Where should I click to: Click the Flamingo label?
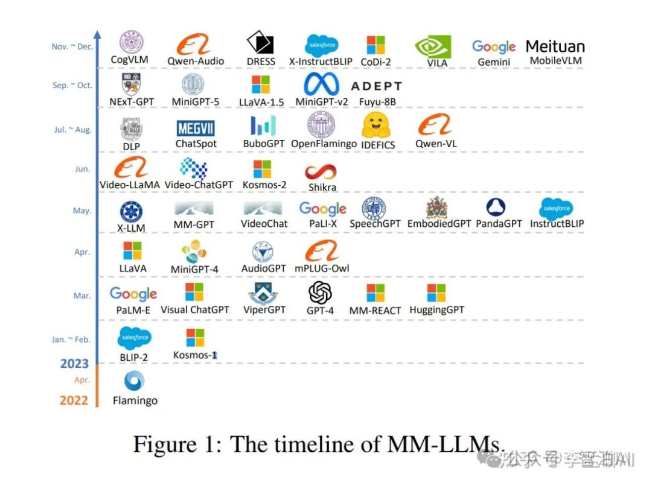[135, 401]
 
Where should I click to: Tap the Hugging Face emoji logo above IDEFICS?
[377, 125]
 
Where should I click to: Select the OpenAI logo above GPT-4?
[320, 293]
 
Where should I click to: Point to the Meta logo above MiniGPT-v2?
[322, 84]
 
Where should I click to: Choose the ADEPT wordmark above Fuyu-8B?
[376, 86]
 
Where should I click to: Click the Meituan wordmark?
[555, 46]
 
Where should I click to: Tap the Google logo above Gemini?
[493, 46]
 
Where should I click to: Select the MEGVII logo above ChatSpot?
[196, 128]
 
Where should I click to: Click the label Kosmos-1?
[194, 355]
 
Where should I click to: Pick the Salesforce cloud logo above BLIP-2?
[134, 338]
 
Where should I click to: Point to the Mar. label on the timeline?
[82, 296]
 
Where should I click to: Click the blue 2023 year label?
[74, 364]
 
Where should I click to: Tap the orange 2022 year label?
[74, 400]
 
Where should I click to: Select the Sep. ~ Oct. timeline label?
[72, 86]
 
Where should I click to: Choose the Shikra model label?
[322, 188]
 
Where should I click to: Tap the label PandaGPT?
[499, 224]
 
